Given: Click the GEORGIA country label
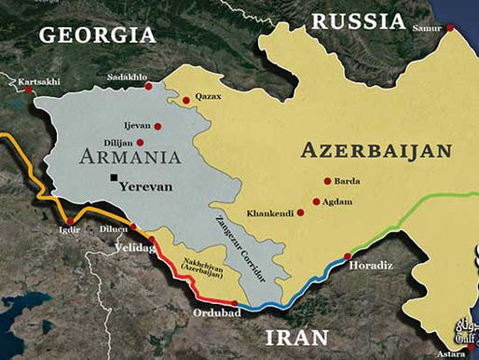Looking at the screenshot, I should [x=96, y=35].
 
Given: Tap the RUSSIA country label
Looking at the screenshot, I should [x=359, y=21].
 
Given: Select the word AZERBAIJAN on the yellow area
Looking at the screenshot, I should [x=377, y=150].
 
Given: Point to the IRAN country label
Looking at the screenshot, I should [x=295, y=336].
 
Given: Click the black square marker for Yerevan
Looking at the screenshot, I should [x=114, y=177].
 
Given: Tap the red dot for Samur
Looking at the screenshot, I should [x=450, y=28].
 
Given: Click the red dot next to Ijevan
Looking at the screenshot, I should [x=157, y=125].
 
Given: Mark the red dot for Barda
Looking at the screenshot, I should [x=326, y=182].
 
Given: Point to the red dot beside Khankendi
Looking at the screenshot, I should [x=300, y=213].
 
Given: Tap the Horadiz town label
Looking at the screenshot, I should [x=368, y=265].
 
